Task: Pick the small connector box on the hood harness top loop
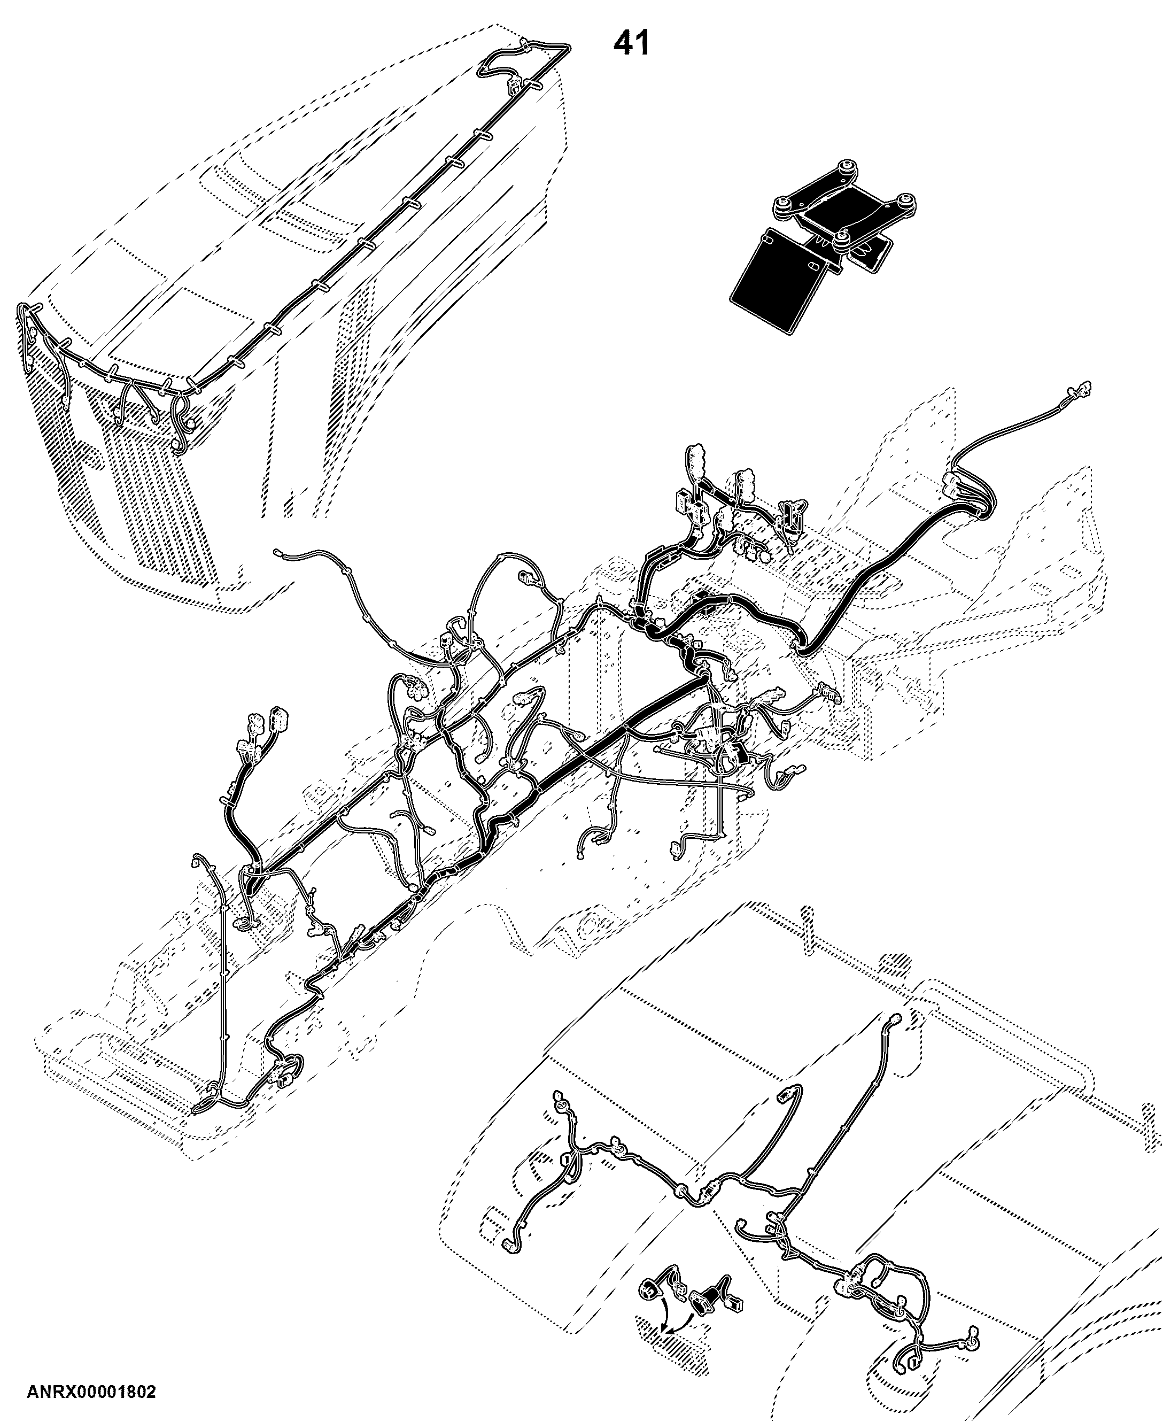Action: pyautogui.click(x=515, y=86)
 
